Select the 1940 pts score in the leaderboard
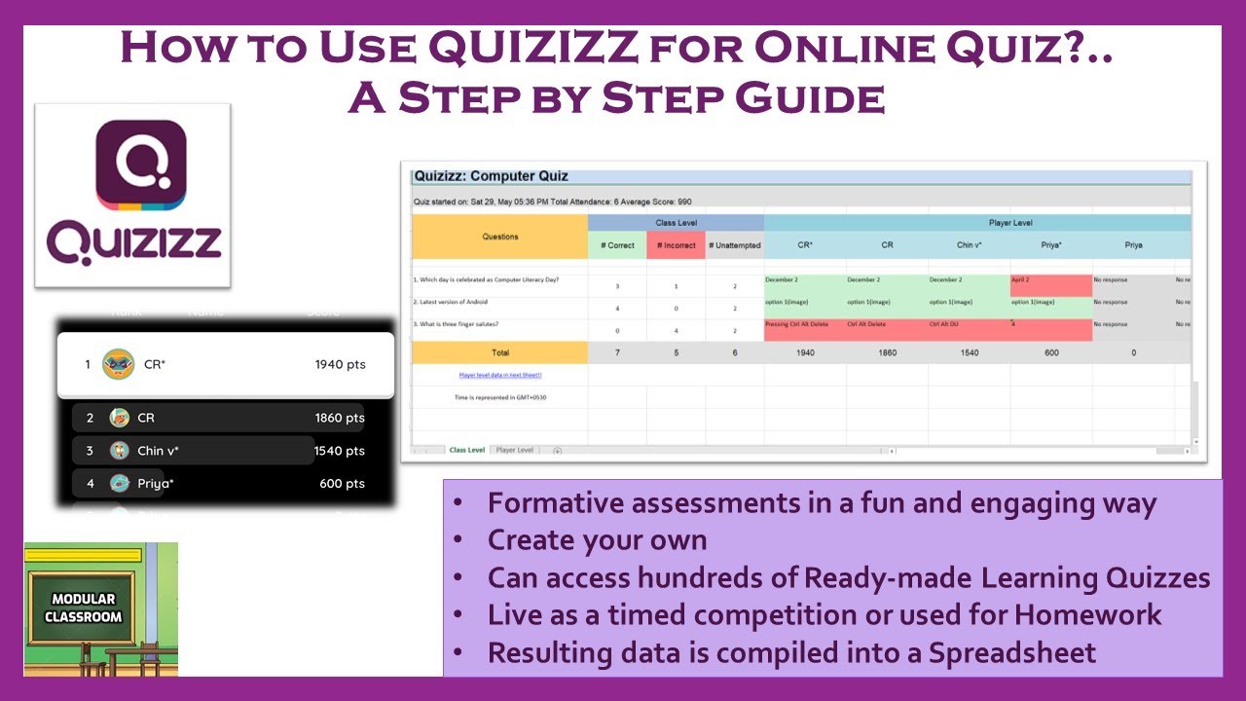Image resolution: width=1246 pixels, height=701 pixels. coord(340,364)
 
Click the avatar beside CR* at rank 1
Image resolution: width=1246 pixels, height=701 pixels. coord(118,364)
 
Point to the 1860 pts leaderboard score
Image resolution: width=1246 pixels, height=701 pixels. coord(340,418)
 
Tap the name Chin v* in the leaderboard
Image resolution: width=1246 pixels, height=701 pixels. coord(158,451)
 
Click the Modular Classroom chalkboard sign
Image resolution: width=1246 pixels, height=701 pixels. coord(88,608)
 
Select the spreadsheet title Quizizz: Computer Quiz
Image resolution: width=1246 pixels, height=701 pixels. coord(491,176)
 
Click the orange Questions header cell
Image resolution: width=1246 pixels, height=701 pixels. coord(499,237)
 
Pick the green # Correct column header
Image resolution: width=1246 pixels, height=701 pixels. coord(617,245)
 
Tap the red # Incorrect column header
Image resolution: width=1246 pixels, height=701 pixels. coord(676,245)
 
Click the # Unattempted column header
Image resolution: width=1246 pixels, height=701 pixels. coord(735,245)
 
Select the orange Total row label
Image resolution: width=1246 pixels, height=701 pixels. coord(499,352)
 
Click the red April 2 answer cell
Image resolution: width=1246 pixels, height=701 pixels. coord(1051,284)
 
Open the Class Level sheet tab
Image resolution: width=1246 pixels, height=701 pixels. coord(466,450)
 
